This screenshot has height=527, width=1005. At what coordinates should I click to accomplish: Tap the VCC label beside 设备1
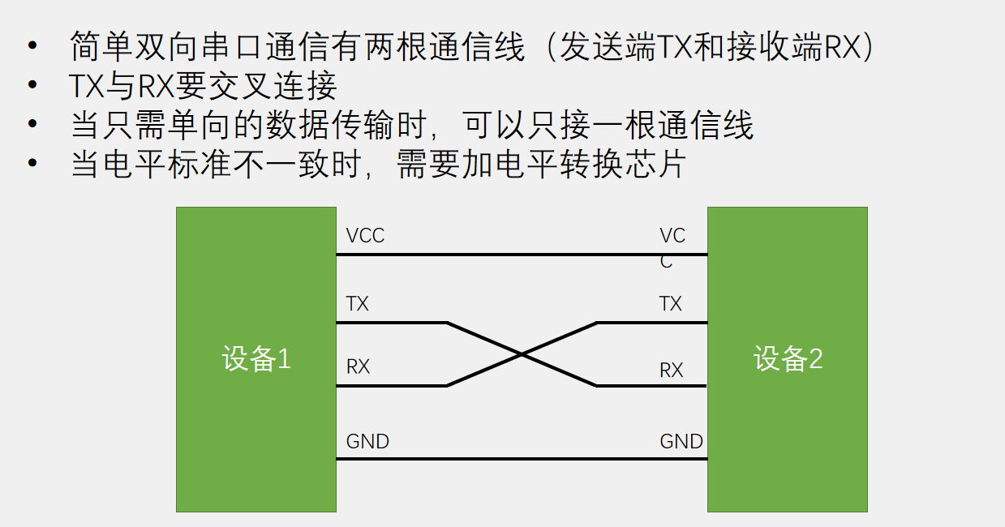tap(365, 236)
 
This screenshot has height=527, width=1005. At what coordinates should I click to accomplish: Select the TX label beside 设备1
tap(357, 304)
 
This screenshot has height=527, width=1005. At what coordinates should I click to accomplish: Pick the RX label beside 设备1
tap(358, 366)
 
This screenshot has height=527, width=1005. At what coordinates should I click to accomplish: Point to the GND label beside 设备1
tap(367, 442)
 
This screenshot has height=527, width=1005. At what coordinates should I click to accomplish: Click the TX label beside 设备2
tap(671, 304)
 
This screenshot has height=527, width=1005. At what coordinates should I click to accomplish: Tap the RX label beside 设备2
tap(672, 371)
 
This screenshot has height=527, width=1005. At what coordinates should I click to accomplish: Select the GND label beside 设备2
tap(681, 442)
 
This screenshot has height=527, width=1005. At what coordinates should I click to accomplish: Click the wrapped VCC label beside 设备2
tap(672, 246)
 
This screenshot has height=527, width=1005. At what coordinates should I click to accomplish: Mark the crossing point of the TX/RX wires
tap(522, 354)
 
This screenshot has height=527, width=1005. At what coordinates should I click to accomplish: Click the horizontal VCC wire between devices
tap(522, 255)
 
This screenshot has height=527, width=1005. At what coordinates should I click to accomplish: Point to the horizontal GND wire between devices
tap(522, 460)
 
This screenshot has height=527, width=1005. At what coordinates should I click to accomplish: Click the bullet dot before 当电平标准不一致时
tap(32, 163)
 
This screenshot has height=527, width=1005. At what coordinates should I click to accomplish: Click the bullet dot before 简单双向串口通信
tap(32, 46)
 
